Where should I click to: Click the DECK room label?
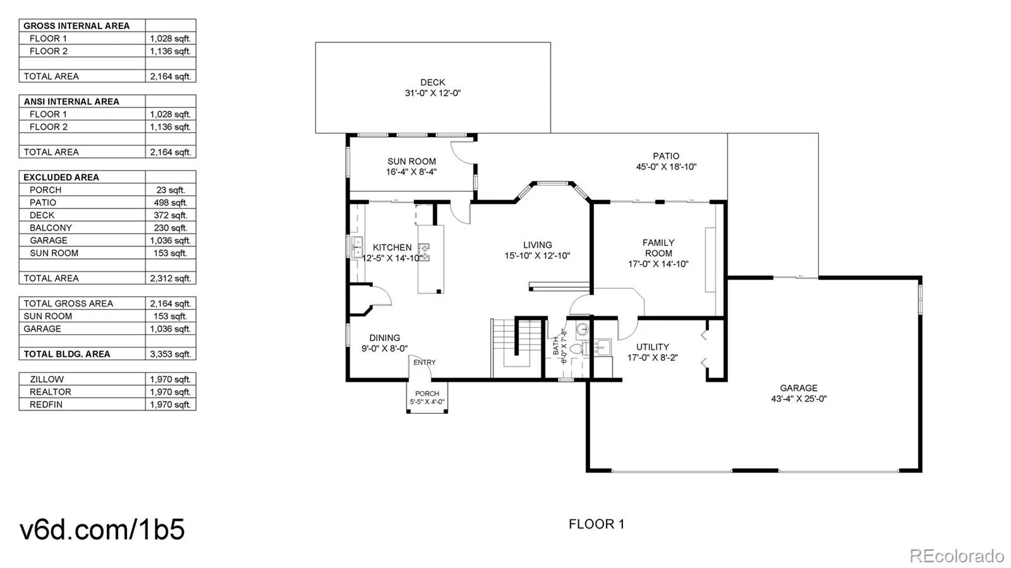432,82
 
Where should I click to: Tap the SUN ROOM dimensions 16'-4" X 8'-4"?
411,172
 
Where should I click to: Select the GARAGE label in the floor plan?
798,388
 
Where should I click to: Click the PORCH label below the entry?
427,394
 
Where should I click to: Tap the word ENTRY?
425,362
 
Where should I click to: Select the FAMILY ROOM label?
658,248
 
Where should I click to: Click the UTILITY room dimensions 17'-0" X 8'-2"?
652,358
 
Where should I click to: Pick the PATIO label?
666,156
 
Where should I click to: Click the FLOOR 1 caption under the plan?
596,524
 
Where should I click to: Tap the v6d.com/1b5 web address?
102,529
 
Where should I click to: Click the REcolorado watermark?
956,556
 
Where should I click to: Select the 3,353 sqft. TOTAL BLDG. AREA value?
170,354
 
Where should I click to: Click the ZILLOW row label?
47,379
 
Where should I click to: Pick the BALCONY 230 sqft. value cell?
170,227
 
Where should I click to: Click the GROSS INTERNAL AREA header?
76,26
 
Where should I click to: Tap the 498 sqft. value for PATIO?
170,202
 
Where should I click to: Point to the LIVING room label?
537,245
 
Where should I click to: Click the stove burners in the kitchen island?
425,252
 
